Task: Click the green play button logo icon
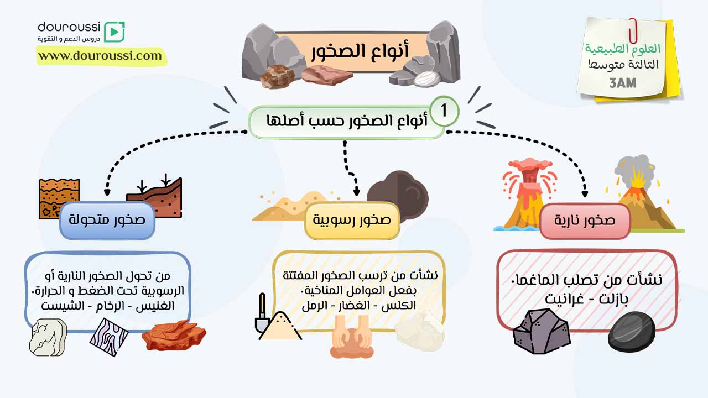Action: [x=114, y=32]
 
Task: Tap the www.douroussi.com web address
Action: [x=100, y=56]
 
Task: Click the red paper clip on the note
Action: [x=633, y=30]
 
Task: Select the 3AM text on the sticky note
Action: [x=623, y=83]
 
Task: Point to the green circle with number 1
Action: [x=444, y=111]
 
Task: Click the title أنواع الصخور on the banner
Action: [x=360, y=51]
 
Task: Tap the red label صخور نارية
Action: [x=585, y=221]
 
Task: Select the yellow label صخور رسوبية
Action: [x=352, y=220]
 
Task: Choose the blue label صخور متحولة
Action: [x=107, y=220]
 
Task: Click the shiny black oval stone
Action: [x=632, y=331]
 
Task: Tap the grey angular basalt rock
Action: [x=541, y=331]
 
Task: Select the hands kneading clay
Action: [x=352, y=337]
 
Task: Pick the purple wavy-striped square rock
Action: [x=109, y=337]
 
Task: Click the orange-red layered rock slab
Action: [x=174, y=336]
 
